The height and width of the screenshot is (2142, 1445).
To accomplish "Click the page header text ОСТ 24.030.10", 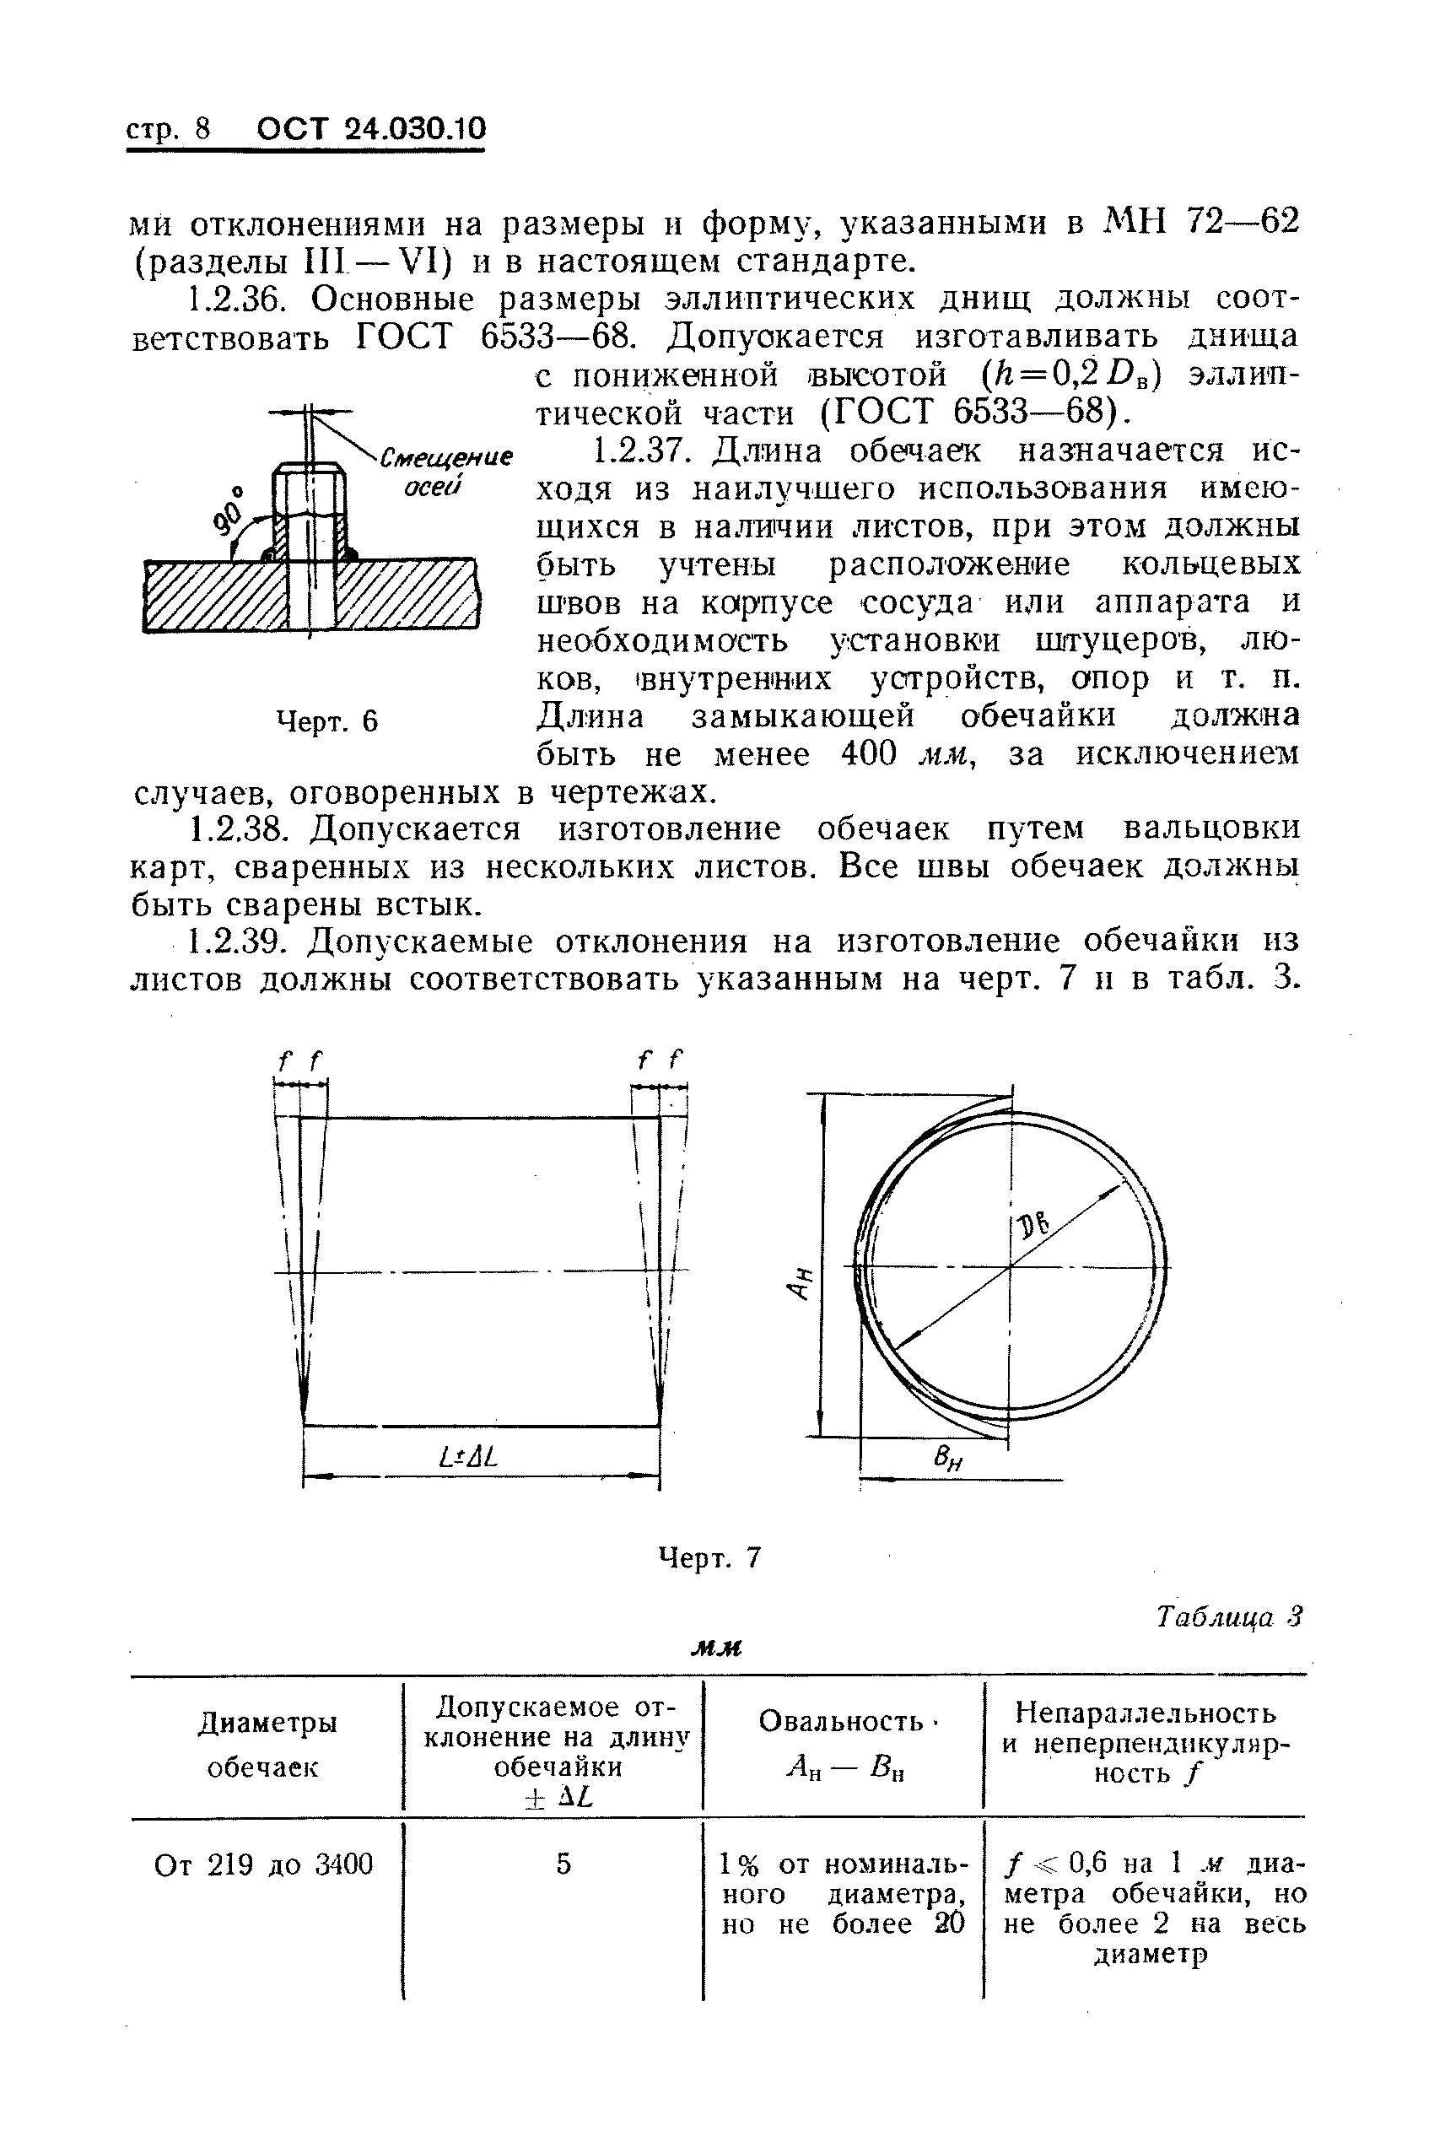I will point(370,129).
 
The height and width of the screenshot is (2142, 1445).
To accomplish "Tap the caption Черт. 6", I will point(328,720).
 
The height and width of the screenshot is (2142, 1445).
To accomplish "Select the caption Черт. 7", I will point(709,1557).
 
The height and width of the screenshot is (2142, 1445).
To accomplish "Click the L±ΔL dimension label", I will point(469,1457).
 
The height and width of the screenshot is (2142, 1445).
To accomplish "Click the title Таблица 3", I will point(1229,1617).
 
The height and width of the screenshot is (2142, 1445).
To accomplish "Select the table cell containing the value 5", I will point(563,1864).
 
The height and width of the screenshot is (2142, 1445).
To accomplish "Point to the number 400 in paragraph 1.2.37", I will point(869,754).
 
